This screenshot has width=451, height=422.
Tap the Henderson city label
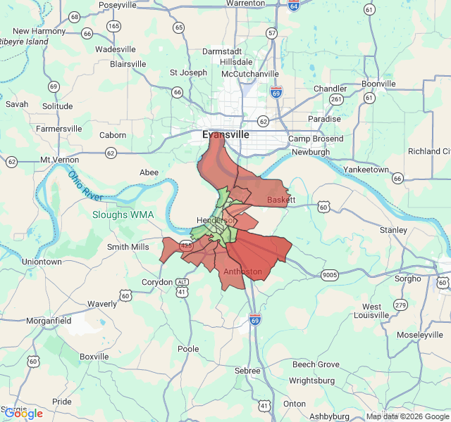pos(215,220)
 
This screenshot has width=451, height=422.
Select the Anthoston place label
pos(242,271)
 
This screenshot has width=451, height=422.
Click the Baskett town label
pos(282,200)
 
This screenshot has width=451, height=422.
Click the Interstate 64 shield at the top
pos(293,6)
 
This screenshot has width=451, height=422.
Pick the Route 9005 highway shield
pos(329,274)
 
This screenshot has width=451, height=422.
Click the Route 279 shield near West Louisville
pos(400,305)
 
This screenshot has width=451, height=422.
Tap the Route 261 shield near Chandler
pos(337,100)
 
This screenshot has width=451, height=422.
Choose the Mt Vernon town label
pos(60,160)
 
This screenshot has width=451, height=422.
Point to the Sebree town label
pos(247,371)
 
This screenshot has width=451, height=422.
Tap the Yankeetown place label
pos(366,170)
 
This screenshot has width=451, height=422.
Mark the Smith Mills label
pos(128,247)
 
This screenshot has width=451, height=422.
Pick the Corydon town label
pos(157,282)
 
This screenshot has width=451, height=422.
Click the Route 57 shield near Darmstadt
pos(272,33)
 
